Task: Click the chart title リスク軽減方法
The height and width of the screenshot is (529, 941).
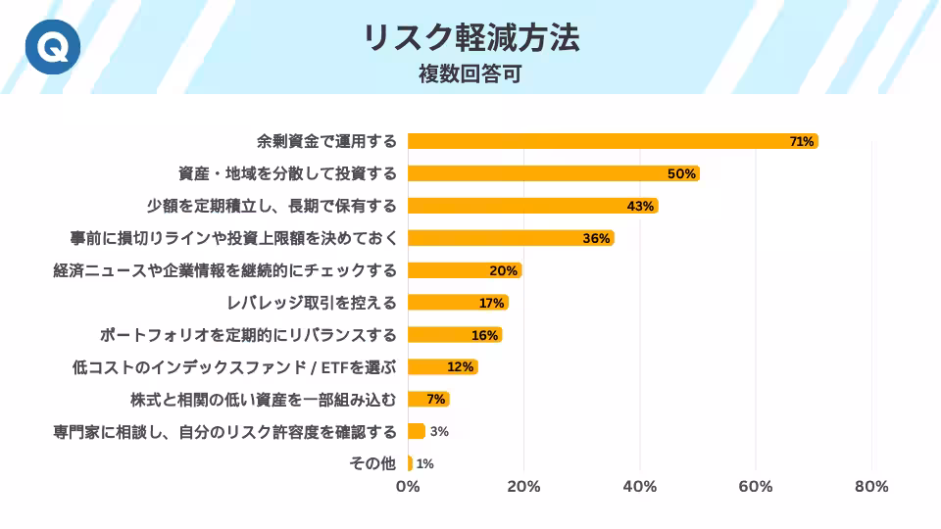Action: pyautogui.click(x=470, y=37)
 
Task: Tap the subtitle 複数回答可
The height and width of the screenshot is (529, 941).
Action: pyautogui.click(x=470, y=73)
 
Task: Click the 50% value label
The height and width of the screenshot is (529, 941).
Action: pyautogui.click(x=681, y=173)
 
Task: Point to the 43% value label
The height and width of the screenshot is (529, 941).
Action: pyautogui.click(x=640, y=206)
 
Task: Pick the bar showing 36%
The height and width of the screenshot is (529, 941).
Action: pyautogui.click(x=510, y=238)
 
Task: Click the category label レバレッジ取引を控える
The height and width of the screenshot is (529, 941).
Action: pyautogui.click(x=312, y=302)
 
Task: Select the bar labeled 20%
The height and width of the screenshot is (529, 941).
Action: pyautogui.click(x=464, y=270)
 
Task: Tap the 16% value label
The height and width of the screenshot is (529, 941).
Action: pyautogui.click(x=484, y=335)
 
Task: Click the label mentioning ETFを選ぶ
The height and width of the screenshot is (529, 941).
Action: pyautogui.click(x=234, y=366)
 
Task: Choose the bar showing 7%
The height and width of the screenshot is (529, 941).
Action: pyautogui.click(x=427, y=399)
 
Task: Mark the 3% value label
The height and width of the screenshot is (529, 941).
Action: pyautogui.click(x=438, y=431)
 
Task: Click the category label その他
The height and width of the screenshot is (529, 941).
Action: pyautogui.click(x=372, y=463)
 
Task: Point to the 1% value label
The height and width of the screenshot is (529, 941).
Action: pyautogui.click(x=424, y=463)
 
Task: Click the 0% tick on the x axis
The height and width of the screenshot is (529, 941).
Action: pyautogui.click(x=408, y=487)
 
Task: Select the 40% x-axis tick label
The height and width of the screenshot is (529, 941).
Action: pyautogui.click(x=640, y=487)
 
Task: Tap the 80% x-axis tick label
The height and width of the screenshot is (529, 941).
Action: pyautogui.click(x=871, y=487)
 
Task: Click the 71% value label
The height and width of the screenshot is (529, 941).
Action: pyautogui.click(x=801, y=141)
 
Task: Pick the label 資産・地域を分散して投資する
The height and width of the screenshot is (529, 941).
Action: pyautogui.click(x=287, y=173)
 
